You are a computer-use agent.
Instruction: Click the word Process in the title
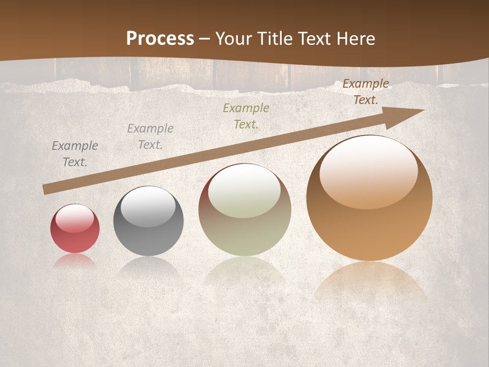coord(160,38)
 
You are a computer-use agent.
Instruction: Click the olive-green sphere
coord(244,224)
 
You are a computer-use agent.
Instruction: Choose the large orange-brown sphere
coord(369,214)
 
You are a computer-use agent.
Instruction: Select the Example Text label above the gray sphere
coord(150,137)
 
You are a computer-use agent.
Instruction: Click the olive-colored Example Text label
coord(246,116)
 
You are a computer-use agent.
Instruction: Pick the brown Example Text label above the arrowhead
coord(366,92)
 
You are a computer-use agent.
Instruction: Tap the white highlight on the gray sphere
coord(148,206)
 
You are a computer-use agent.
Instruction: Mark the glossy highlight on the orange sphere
coord(368,173)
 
